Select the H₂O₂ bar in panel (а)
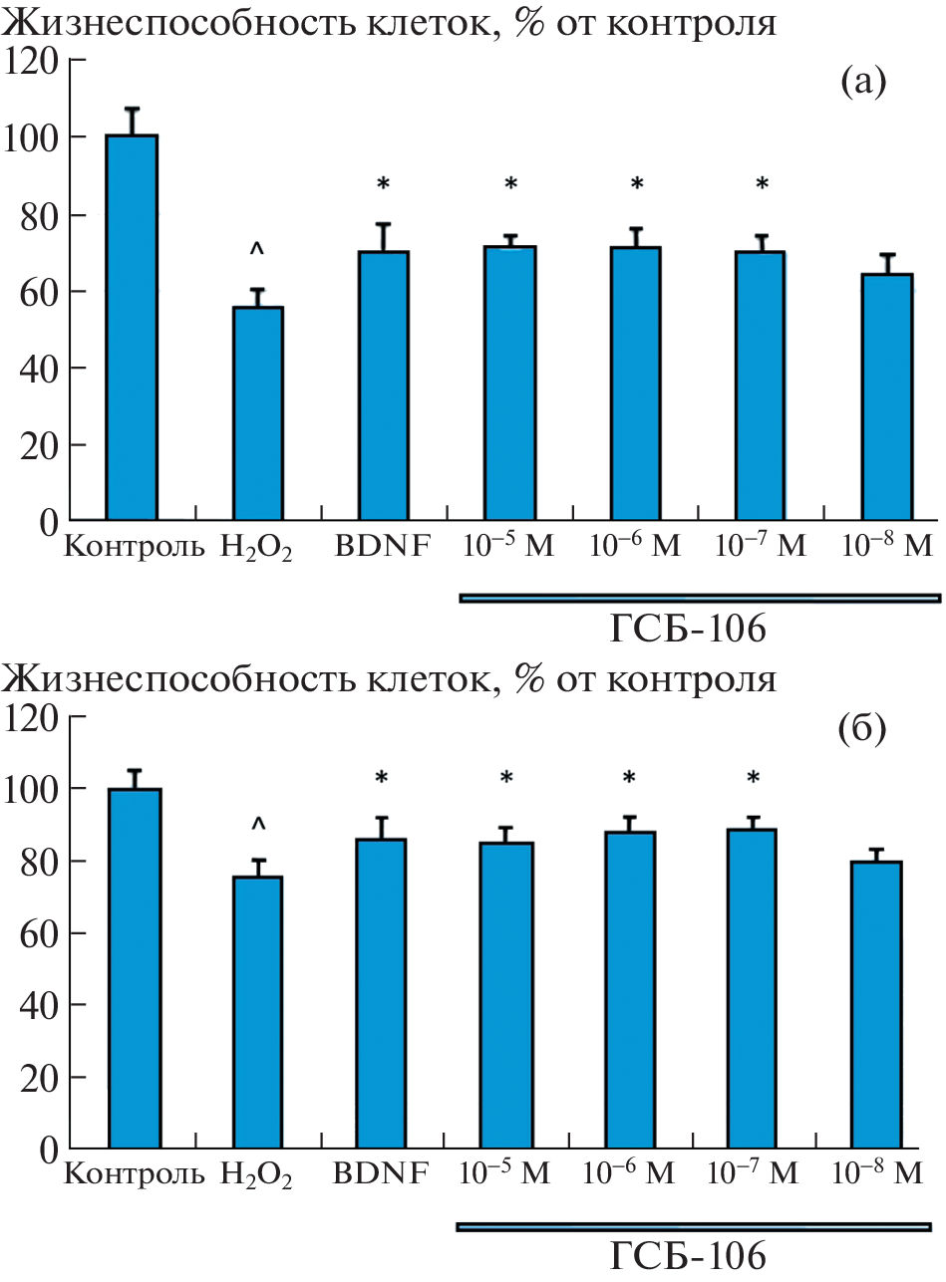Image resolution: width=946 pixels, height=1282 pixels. [x=258, y=412]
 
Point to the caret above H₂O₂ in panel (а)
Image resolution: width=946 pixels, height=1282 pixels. [x=258, y=247]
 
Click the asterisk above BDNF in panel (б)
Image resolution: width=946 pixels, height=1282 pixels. [x=383, y=778]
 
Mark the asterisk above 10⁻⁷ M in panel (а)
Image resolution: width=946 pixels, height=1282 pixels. [x=762, y=185]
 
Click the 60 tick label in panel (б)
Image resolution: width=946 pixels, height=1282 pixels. [x=36, y=933]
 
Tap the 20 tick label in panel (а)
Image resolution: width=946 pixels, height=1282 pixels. [x=36, y=445]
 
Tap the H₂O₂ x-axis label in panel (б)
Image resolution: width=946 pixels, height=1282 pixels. [x=257, y=1175]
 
